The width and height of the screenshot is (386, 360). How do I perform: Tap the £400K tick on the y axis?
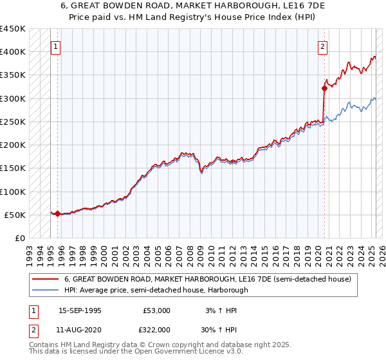13,52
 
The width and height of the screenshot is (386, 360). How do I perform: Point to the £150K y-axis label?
13,168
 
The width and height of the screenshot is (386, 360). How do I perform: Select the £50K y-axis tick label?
15,215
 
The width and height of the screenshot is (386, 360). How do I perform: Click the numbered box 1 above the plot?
57,46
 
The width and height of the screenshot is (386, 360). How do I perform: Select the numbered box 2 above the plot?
322,46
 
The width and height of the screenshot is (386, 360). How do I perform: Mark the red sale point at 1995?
57,213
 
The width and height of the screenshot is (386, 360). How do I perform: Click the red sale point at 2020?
324,89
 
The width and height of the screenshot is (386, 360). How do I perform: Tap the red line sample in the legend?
45,279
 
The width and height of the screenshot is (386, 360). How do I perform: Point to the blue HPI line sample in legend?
45,291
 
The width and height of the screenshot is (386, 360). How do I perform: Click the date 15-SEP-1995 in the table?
80,310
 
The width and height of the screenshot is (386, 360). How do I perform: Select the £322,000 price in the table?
156,328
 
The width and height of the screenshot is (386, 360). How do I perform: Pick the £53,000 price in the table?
156,310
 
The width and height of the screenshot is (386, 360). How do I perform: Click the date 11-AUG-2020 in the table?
80,328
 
